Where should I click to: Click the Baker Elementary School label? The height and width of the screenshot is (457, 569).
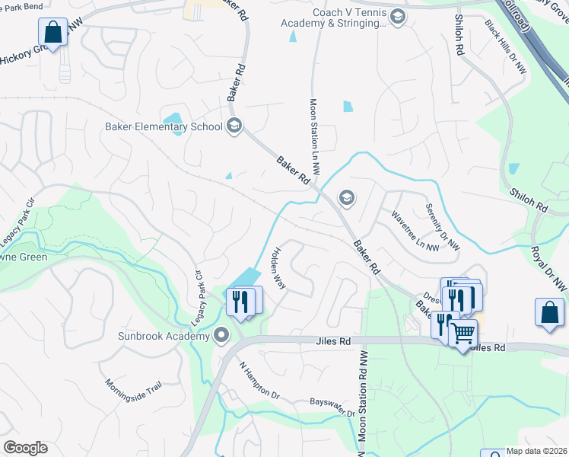click(164, 126)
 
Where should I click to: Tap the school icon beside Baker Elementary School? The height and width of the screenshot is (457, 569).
click(234, 126)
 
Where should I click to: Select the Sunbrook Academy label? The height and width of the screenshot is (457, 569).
click(163, 336)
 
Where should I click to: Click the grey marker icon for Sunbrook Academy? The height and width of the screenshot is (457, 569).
click(221, 335)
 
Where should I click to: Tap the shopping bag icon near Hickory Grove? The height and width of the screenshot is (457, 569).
click(52, 32)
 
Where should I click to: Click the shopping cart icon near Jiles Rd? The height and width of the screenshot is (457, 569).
click(463, 332)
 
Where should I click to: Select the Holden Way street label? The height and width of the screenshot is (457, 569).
click(278, 268)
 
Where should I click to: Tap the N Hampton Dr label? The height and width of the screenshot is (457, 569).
click(259, 381)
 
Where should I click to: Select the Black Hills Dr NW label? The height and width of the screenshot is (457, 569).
click(506, 46)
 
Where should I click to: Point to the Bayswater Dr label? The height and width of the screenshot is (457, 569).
click(332, 407)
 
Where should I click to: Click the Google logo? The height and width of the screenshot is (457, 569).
click(25, 448)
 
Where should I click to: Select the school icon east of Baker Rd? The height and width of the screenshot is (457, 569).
click(346, 198)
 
